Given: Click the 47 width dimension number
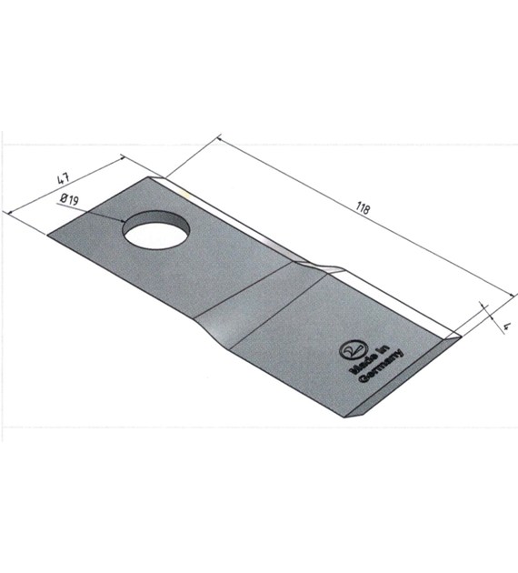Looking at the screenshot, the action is (63, 179).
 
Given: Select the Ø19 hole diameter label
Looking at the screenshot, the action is (70, 199).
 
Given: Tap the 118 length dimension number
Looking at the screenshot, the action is (363, 208).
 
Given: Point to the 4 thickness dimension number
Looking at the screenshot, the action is (505, 327).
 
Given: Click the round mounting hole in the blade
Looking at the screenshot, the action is (156, 230).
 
